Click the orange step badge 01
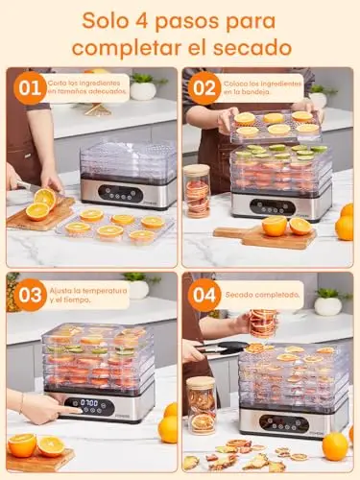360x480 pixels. click(x=30, y=88)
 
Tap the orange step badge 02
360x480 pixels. click(x=204, y=88)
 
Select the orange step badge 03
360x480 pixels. click(x=30, y=295)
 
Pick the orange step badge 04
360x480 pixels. click(x=204, y=295)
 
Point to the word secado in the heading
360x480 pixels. click(x=252, y=48)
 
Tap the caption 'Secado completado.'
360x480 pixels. click(x=262, y=295)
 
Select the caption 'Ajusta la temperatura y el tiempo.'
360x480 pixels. click(x=88, y=296)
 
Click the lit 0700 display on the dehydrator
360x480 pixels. click(x=89, y=402)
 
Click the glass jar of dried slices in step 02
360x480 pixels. click(x=197, y=191)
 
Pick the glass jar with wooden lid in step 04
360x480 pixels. click(x=201, y=405)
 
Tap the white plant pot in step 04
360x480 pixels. click(x=327, y=306)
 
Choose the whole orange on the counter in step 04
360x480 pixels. click(x=335, y=446)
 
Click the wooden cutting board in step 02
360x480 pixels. click(x=264, y=237)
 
